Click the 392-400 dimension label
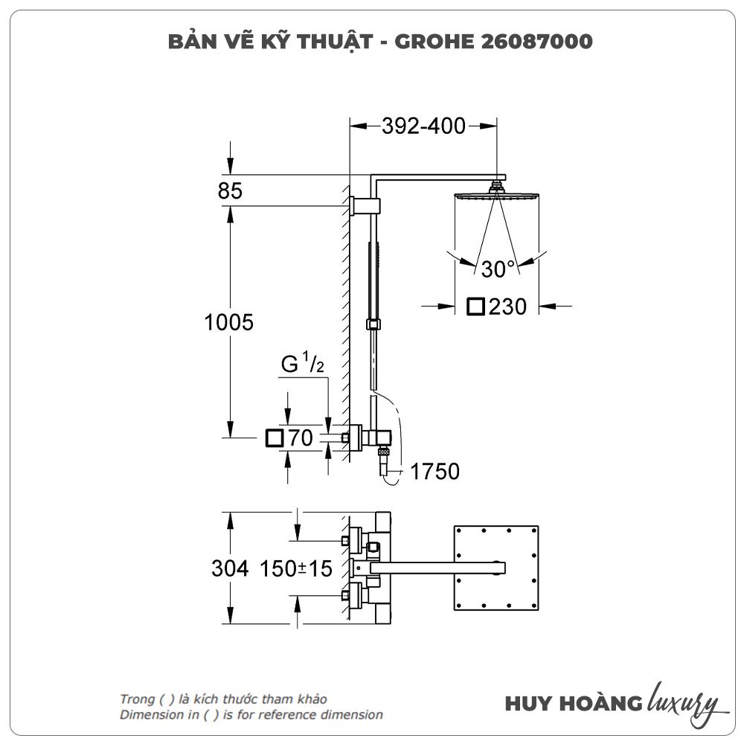[424, 126]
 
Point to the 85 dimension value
[230, 190]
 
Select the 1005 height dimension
[228, 323]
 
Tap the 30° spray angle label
[498, 269]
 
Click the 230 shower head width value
[507, 307]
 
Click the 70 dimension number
[301, 438]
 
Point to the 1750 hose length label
[434, 472]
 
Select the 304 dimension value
[230, 568]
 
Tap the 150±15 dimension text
[296, 568]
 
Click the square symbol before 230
[475, 307]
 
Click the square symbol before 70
[275, 438]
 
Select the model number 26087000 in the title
[536, 42]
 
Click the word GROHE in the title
[434, 42]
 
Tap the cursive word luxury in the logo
[682, 703]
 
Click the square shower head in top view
[496, 568]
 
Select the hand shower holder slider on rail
[373, 324]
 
